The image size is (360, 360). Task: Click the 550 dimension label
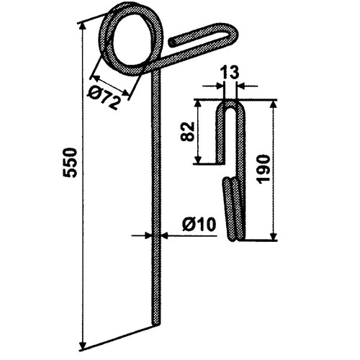pyautogui.click(x=70, y=163)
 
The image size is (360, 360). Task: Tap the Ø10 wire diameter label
pyautogui.click(x=199, y=225)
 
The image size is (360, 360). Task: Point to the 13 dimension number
pyautogui.click(x=230, y=72)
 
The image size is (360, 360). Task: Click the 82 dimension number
pyautogui.click(x=187, y=131)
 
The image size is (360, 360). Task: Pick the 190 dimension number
pyautogui.click(x=263, y=169)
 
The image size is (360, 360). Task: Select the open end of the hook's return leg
pyautogui.click(x=172, y=42)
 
